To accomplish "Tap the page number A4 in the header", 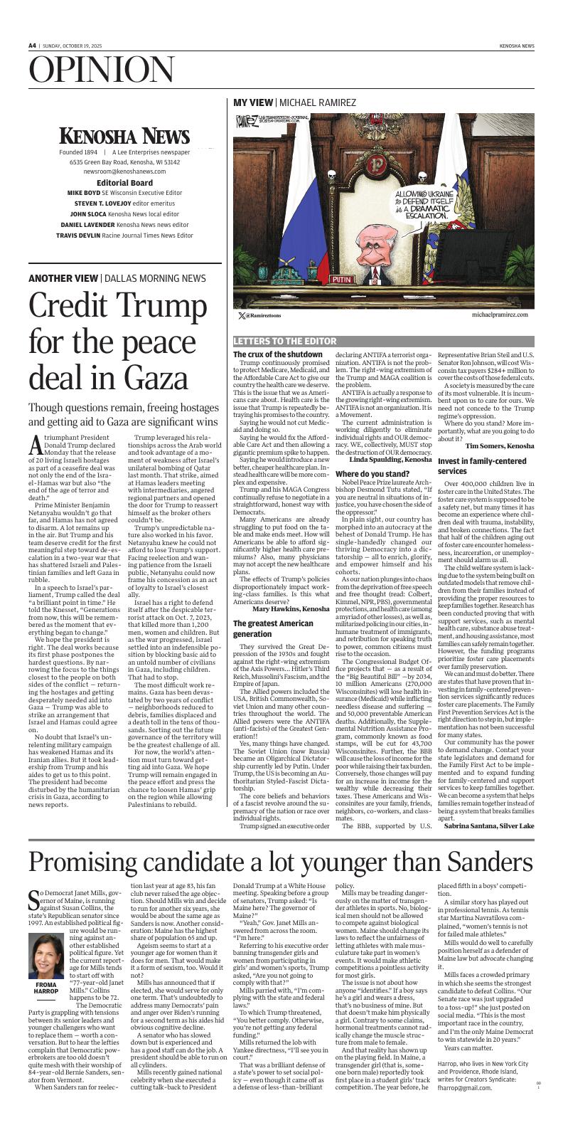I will tap(32, 46).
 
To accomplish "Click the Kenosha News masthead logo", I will tap(124, 135).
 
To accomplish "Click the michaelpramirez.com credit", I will tap(500, 314).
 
